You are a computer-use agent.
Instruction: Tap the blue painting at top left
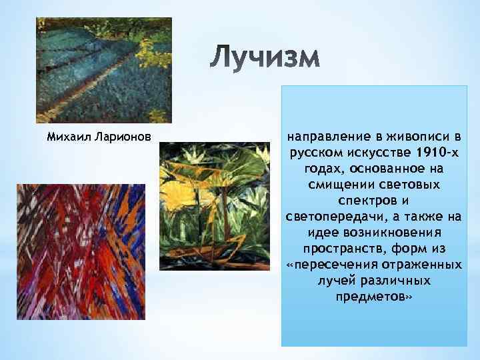(x=103, y=70)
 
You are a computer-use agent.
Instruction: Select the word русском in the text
(x=313, y=153)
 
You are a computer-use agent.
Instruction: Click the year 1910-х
(x=433, y=153)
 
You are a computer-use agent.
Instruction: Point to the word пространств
(x=339, y=249)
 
